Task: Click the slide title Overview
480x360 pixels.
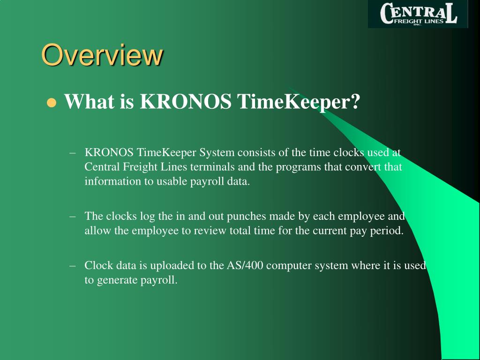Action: point(102,55)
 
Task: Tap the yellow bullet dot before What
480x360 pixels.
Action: point(52,103)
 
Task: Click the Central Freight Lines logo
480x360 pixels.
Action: point(418,14)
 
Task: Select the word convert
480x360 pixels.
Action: point(362,167)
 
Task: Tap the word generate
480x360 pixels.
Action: point(117,280)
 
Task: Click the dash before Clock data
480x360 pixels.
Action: point(72,265)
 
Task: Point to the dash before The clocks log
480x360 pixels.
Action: point(72,216)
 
